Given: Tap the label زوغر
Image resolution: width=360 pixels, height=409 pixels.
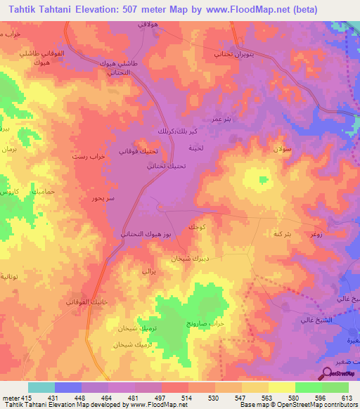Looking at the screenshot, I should [x=316, y=233].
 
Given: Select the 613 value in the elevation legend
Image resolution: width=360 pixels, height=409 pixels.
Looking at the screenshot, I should [x=347, y=398].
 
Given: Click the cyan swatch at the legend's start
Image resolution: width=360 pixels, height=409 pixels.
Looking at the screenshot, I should [x=41, y=387].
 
